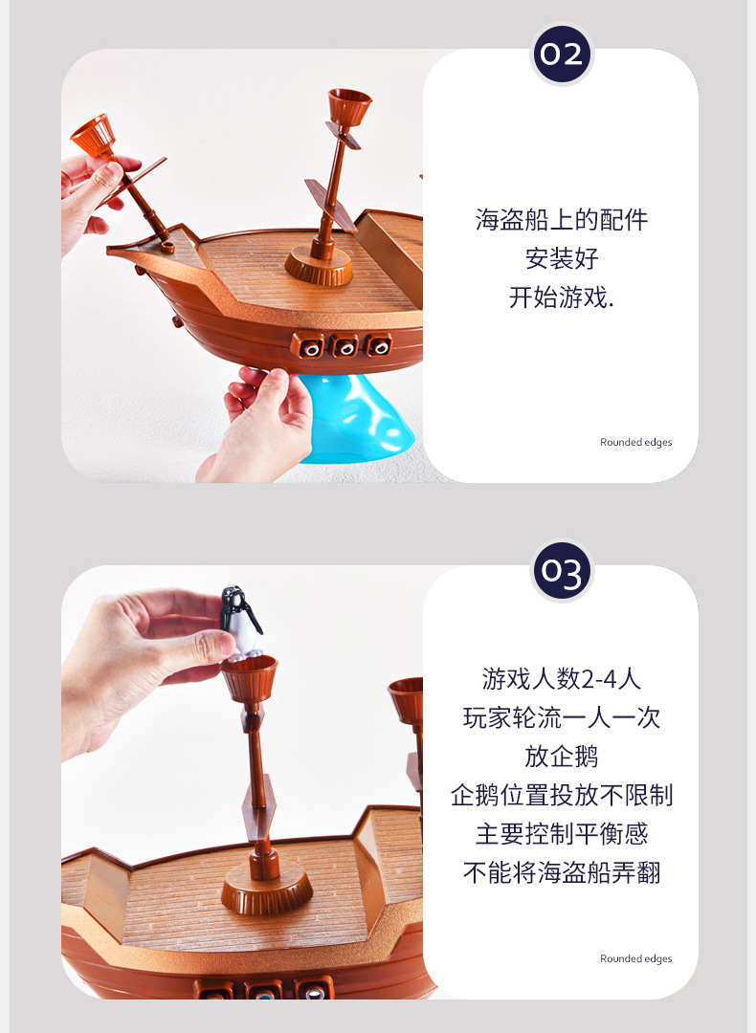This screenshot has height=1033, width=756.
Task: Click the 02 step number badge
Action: click(562, 54)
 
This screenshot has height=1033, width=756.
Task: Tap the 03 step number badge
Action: click(562, 571)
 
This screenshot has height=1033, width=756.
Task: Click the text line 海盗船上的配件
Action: click(562, 220)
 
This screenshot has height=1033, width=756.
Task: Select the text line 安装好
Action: click(562, 258)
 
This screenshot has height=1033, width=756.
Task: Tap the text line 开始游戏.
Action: click(562, 297)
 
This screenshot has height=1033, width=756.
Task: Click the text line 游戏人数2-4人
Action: click(562, 679)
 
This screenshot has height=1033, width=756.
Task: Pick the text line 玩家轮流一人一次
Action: click(562, 717)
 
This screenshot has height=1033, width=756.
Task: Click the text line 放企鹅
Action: click(562, 757)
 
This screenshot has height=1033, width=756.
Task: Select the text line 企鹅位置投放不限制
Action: click(562, 795)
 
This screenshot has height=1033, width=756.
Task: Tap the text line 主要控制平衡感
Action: click(562, 834)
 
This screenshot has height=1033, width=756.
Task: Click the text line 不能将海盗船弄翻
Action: click(562, 872)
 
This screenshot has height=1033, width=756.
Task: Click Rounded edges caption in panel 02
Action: click(636, 442)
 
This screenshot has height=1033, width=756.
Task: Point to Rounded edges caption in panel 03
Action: click(636, 958)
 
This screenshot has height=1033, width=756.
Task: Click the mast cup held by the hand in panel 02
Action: click(93, 135)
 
